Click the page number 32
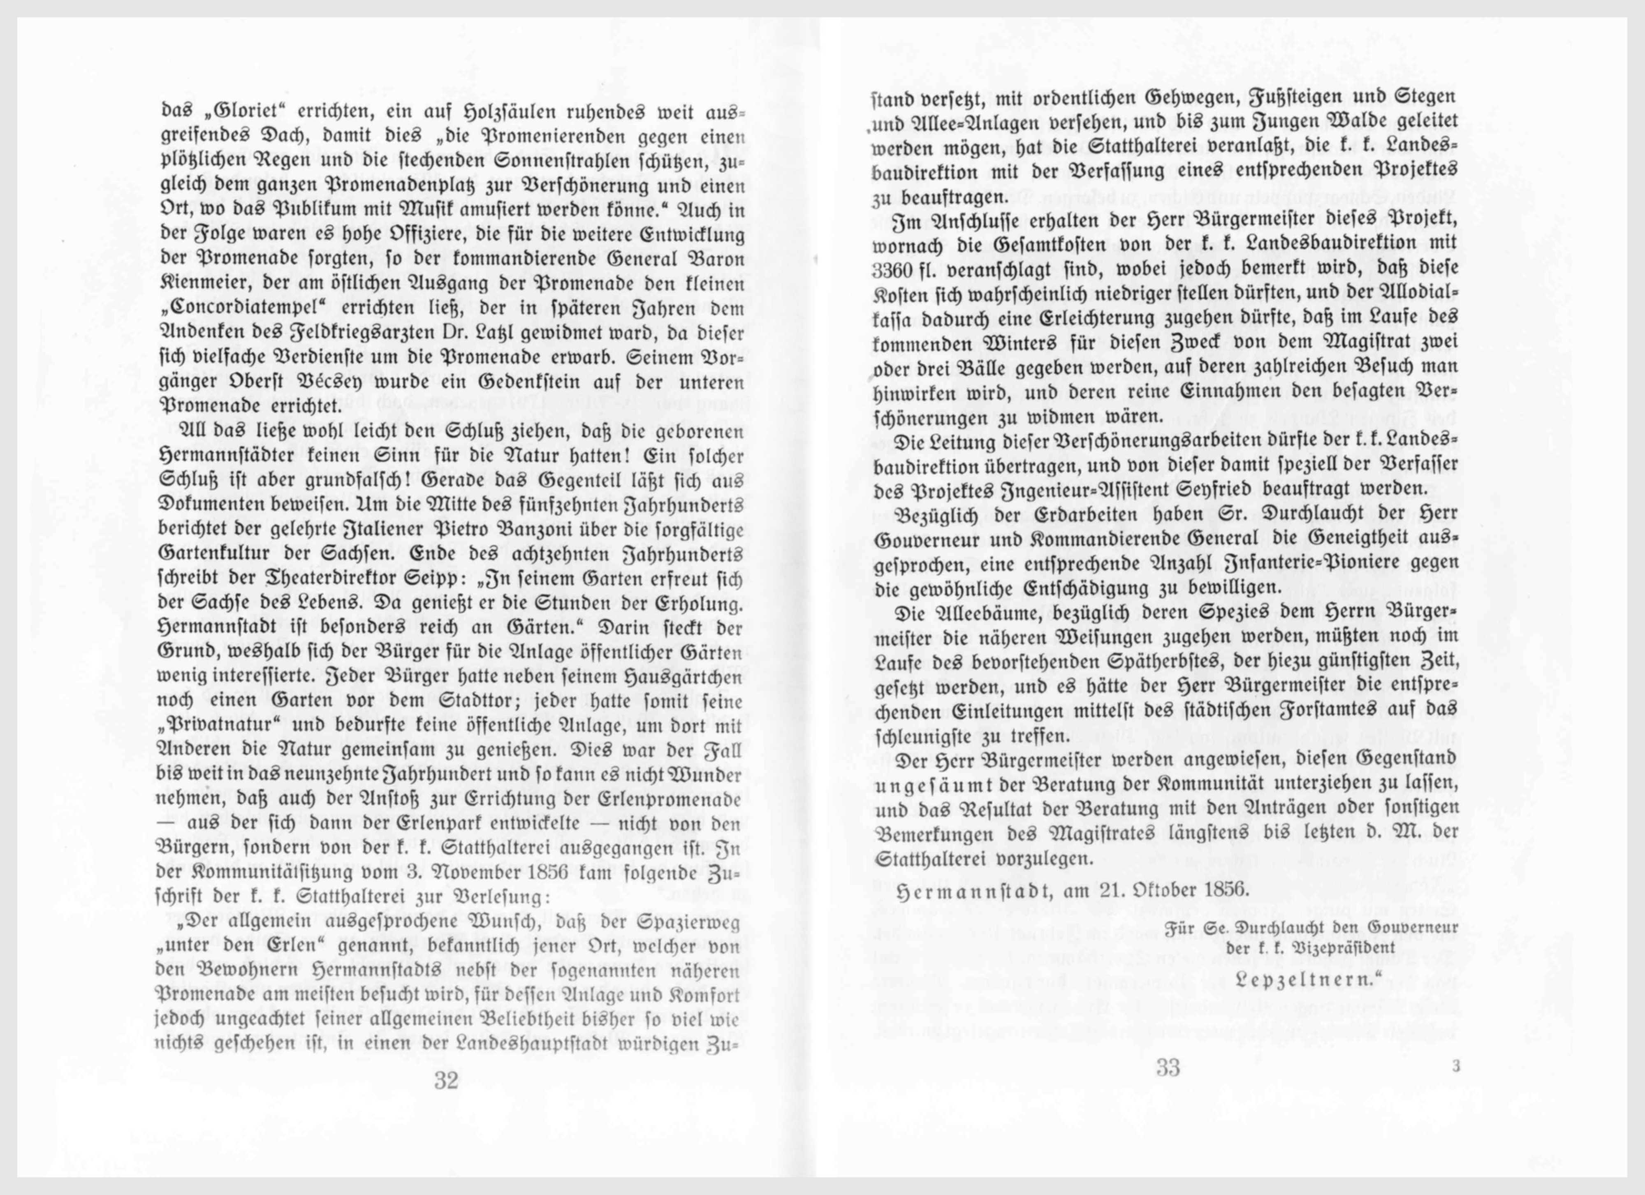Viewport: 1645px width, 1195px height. click(446, 1080)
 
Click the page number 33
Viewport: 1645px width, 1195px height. click(1168, 1067)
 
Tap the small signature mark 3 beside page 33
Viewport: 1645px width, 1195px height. click(1455, 1066)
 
